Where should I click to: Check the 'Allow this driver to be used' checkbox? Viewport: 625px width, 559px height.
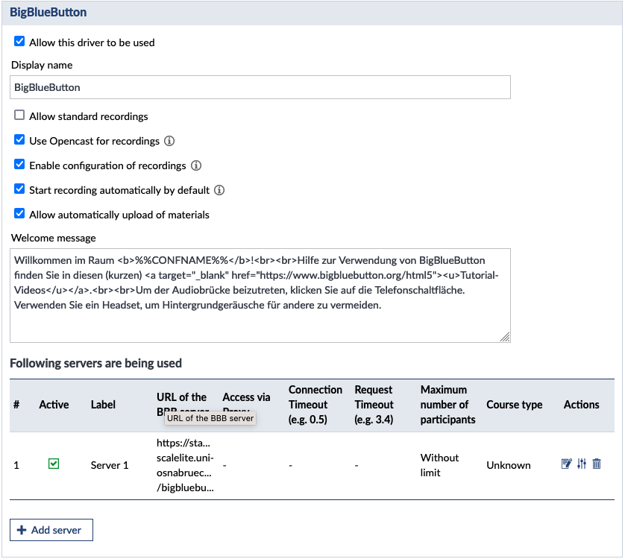click(x=19, y=42)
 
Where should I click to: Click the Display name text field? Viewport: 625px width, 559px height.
click(x=260, y=87)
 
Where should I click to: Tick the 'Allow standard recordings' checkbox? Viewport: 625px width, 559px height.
click(x=19, y=116)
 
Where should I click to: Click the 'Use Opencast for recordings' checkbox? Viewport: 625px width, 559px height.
click(x=19, y=140)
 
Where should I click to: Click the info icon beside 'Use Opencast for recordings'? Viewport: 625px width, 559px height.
click(x=169, y=141)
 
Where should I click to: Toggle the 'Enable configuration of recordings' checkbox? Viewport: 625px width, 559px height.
click(x=19, y=165)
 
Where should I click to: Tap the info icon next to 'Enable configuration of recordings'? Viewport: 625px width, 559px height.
click(x=196, y=165)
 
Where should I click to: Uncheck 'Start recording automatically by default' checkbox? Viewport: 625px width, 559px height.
click(x=19, y=189)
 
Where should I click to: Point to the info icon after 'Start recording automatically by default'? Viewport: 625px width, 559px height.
click(x=219, y=190)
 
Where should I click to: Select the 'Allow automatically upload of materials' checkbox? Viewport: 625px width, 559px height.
click(x=19, y=214)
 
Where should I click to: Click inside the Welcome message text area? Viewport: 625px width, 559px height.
click(x=260, y=313)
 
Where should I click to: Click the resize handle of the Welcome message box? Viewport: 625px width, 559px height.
click(x=505, y=337)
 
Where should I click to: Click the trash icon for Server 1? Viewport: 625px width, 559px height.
click(x=597, y=464)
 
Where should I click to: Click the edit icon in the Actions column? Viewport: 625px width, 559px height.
click(x=566, y=464)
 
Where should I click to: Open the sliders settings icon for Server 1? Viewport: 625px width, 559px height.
click(x=582, y=464)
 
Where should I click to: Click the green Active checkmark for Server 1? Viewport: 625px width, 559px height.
click(x=54, y=464)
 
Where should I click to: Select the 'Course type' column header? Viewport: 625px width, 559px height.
click(x=514, y=405)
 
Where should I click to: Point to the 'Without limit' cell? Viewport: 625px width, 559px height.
click(x=439, y=465)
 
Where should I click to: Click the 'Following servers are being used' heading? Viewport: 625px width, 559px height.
click(x=95, y=364)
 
